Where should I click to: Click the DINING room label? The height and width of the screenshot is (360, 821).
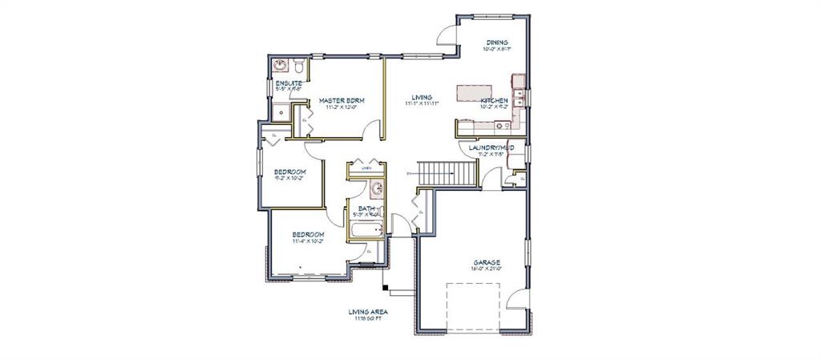(x=497, y=42)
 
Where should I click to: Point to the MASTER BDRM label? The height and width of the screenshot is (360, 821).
(x=342, y=100)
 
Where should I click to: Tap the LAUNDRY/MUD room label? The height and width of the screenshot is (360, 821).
(x=491, y=148)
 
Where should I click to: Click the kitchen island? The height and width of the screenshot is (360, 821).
(x=479, y=93)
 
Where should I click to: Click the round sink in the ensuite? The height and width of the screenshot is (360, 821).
(x=281, y=65)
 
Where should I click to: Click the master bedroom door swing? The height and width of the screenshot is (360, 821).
(x=370, y=128)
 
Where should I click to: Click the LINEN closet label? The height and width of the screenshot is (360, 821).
(x=366, y=168)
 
